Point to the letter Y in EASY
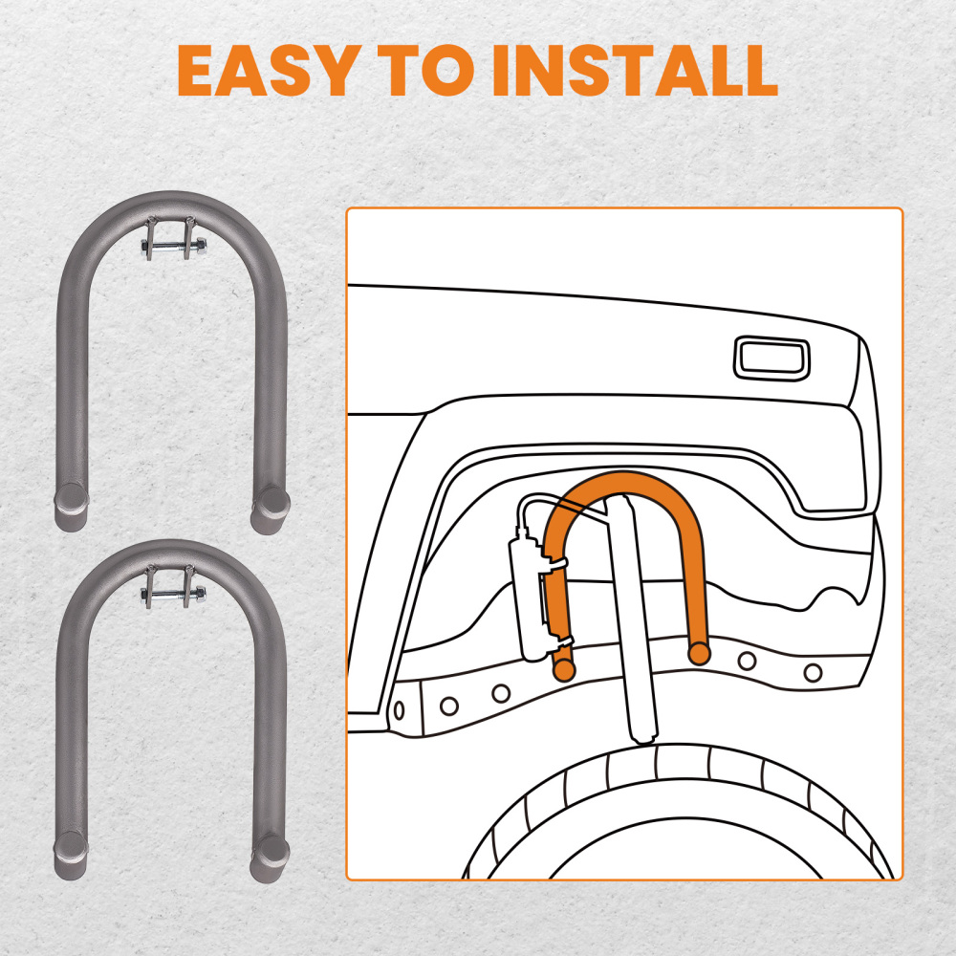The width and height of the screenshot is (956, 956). [x=320, y=69]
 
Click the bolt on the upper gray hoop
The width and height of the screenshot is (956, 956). [x=172, y=247]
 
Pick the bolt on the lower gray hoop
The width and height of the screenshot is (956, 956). [x=172, y=595]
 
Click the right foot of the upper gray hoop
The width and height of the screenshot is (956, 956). [x=271, y=507]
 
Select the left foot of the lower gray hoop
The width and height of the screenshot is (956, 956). [x=68, y=855]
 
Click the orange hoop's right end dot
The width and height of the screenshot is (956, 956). [x=699, y=654]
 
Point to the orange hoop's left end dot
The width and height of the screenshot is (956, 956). [x=564, y=670]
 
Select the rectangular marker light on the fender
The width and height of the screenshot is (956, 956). [x=771, y=358]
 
